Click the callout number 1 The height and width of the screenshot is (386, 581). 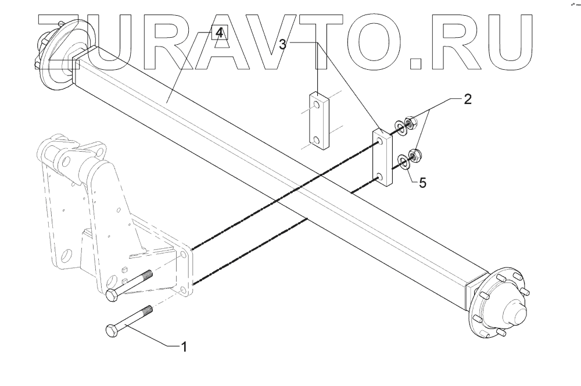click(184, 348)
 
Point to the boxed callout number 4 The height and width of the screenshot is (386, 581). click(218, 33)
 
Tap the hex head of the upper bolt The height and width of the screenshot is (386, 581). click(112, 296)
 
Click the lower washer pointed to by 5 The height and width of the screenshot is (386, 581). click(403, 160)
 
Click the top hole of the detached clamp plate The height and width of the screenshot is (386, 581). click(316, 105)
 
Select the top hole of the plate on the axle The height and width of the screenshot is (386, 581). click(379, 142)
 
